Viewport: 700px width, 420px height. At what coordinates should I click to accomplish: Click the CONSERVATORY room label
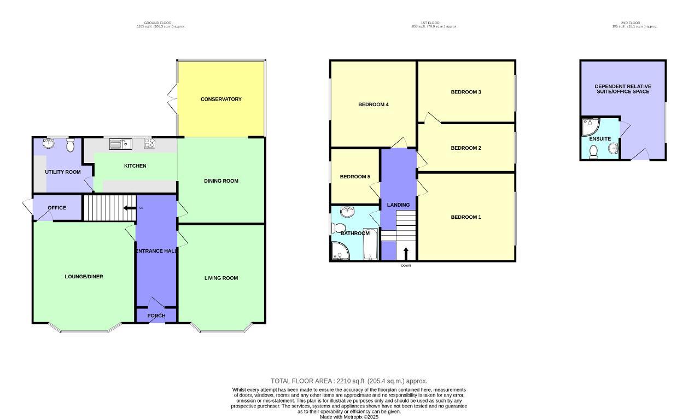click(221, 99)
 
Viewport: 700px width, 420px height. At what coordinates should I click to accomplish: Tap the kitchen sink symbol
click(121, 144)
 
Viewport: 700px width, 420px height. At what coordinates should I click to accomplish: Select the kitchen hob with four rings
click(150, 144)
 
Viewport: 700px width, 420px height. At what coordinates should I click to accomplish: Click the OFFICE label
click(57, 208)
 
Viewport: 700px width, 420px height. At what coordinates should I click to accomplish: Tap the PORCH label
click(156, 316)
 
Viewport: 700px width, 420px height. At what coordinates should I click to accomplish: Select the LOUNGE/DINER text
click(84, 277)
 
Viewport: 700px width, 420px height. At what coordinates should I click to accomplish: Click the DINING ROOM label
click(221, 181)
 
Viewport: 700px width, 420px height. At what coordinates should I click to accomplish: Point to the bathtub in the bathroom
click(370, 245)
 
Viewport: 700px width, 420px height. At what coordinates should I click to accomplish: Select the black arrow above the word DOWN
click(406, 254)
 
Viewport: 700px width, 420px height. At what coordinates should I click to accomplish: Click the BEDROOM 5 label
click(355, 177)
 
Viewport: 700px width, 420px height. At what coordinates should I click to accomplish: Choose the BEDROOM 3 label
click(465, 92)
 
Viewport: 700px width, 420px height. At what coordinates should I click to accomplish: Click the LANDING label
click(398, 205)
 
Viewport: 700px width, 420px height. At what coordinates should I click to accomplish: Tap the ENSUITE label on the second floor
click(600, 139)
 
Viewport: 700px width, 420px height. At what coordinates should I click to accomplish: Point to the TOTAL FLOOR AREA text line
click(349, 381)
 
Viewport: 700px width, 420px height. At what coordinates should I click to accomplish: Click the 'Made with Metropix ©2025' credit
click(349, 417)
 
